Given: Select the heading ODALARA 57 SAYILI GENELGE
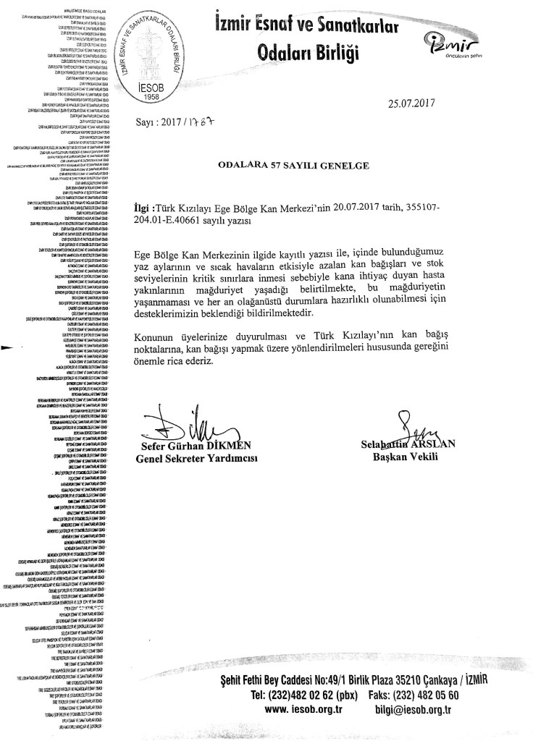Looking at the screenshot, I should click(294, 165).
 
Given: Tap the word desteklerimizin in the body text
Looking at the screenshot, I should click(179, 312).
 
